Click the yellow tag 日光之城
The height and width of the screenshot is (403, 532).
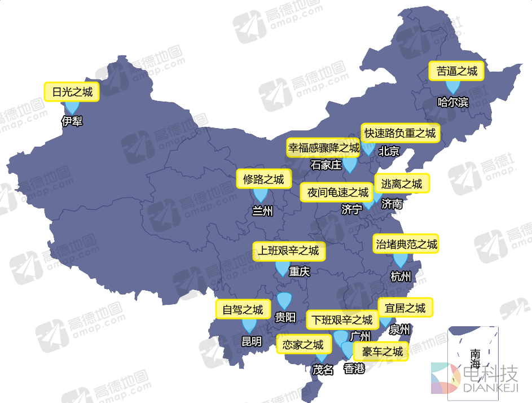tap(72, 92)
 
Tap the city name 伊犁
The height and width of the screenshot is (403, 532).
tap(72, 121)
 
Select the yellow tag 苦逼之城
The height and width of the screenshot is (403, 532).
tap(456, 71)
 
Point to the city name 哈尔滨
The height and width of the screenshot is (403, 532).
tap(453, 102)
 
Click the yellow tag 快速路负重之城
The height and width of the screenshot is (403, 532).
tap(400, 134)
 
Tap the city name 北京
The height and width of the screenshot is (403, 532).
tap(389, 151)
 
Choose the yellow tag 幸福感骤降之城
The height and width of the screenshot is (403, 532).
tap(324, 148)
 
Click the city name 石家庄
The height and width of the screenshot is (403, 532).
tap(327, 165)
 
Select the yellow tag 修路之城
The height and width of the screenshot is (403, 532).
tap(263, 179)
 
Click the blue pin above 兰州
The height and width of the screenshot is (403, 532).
tap(260, 195)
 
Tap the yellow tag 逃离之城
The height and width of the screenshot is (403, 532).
tap(402, 183)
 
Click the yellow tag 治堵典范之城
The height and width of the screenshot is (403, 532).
tap(406, 244)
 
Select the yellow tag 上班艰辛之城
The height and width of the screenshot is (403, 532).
tap(289, 250)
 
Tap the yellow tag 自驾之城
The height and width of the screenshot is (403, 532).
tap(243, 309)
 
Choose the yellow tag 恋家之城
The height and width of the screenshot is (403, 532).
tap(303, 344)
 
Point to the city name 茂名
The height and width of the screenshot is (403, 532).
tap(323, 370)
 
